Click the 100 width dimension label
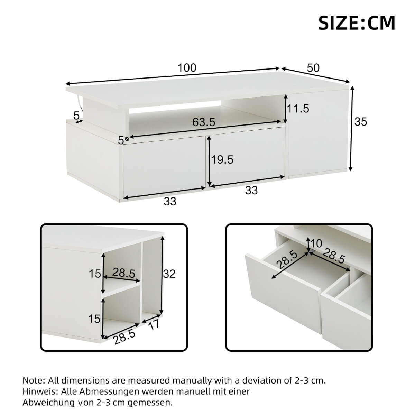point(187,68)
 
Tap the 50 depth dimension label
point(313,67)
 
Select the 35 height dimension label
point(361,122)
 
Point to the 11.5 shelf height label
point(298,109)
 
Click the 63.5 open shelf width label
point(204,122)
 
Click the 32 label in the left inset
point(169,274)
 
